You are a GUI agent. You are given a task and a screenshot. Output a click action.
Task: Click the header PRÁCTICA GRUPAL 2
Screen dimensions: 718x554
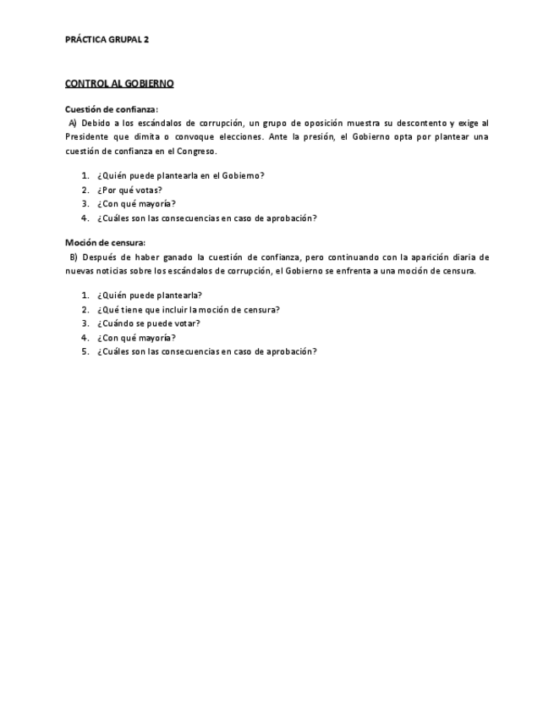tap(107, 39)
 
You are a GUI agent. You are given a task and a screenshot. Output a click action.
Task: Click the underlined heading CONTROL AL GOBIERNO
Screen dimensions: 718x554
tap(119, 83)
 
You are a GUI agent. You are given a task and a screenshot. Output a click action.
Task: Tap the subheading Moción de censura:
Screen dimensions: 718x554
tap(106, 243)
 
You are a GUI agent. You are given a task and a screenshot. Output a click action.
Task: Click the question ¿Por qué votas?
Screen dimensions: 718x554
tap(129, 190)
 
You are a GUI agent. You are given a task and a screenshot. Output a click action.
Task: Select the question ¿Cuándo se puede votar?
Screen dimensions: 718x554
tap(148, 323)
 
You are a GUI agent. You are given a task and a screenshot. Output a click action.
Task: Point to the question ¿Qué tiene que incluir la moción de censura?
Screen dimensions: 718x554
tap(188, 309)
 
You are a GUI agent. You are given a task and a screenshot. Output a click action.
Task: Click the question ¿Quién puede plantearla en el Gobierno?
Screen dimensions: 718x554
tap(180, 175)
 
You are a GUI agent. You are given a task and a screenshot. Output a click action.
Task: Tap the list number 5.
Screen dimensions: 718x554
tap(85, 351)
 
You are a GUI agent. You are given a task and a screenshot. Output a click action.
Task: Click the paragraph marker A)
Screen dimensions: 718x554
tap(73, 123)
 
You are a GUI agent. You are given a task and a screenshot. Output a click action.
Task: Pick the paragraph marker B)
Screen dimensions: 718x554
tap(74, 257)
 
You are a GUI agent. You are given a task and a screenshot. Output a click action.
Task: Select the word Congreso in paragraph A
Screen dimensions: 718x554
tap(195, 151)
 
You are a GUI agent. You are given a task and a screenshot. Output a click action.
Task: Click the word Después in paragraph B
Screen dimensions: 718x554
tap(100, 257)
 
